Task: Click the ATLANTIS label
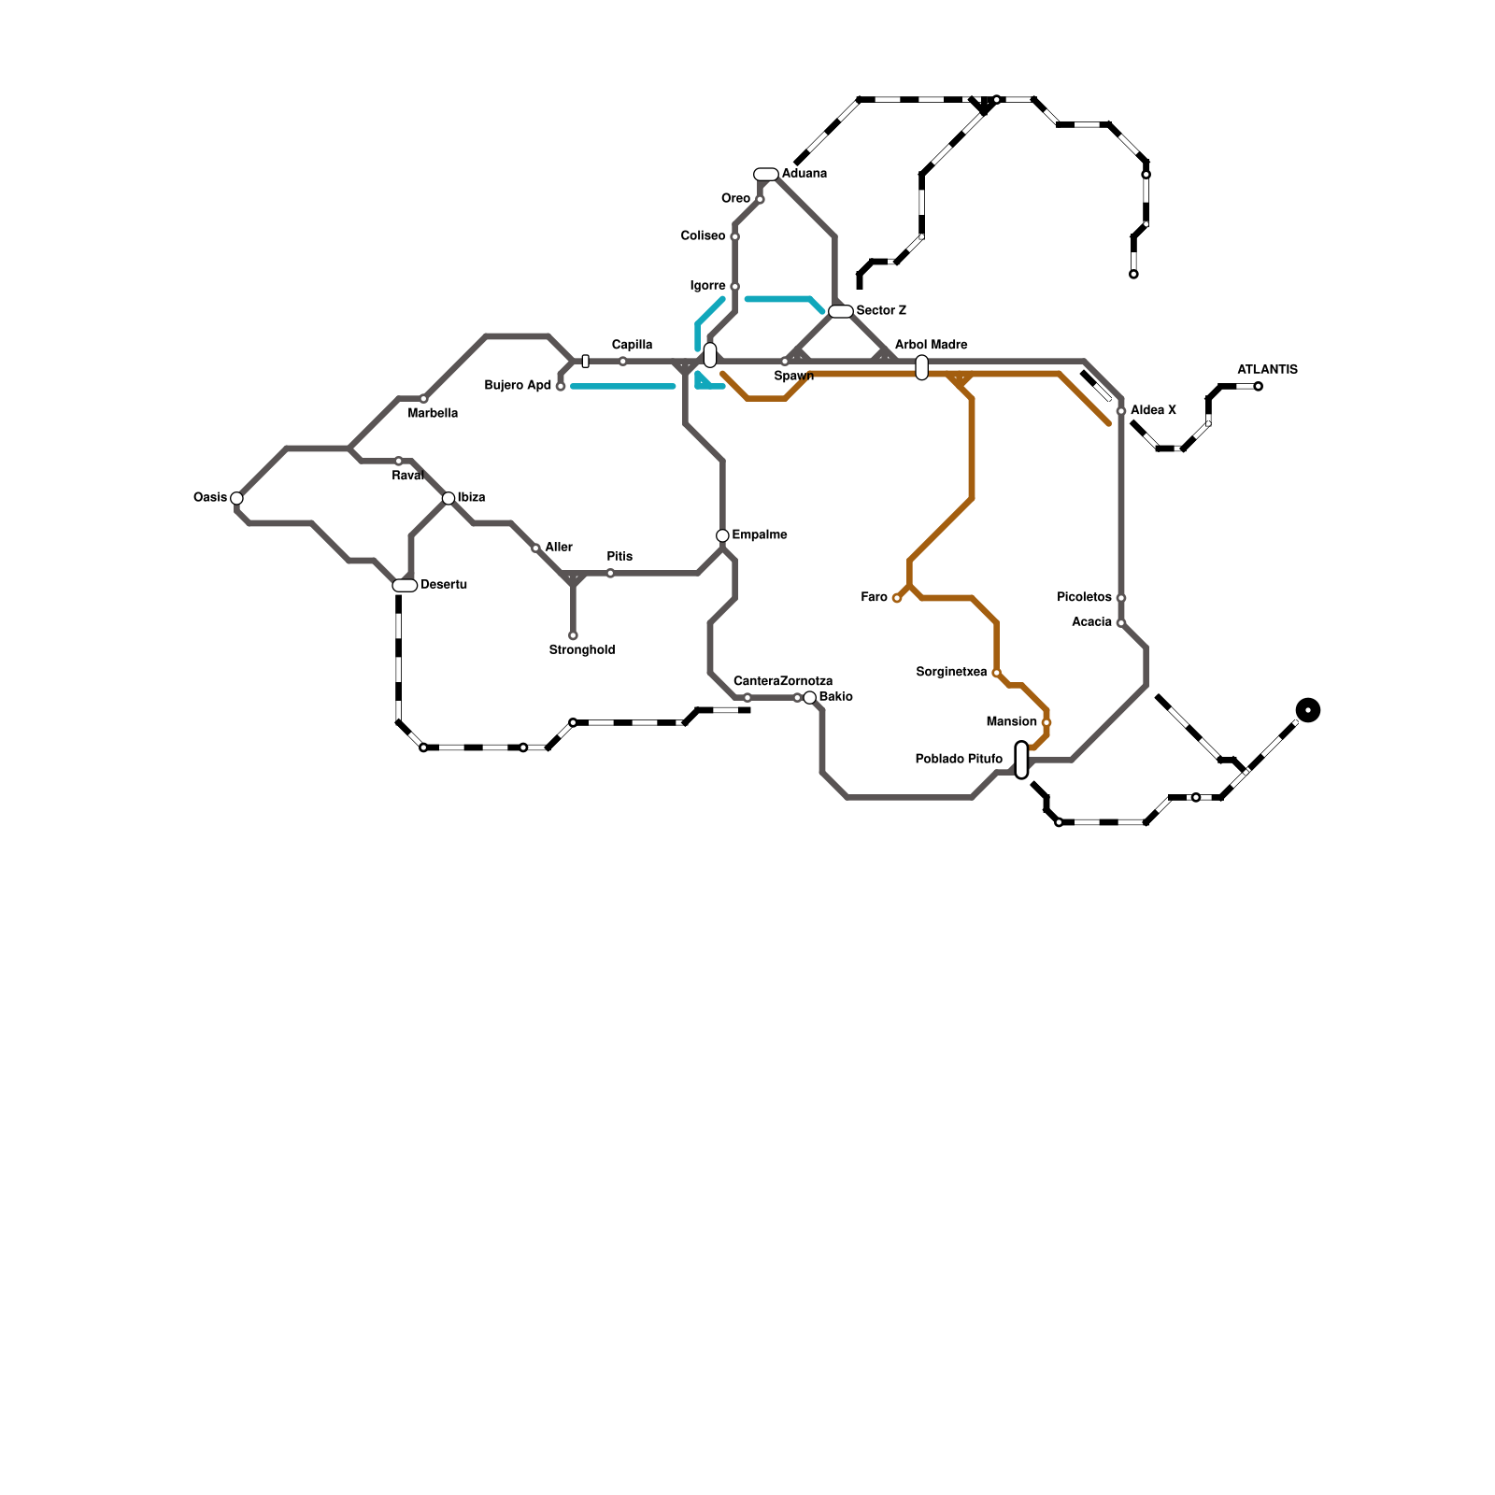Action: click(1267, 370)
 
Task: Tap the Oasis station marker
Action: click(236, 498)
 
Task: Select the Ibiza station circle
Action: click(448, 498)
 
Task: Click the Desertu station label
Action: click(444, 585)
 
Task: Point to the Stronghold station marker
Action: click(573, 635)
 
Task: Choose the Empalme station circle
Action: click(722, 535)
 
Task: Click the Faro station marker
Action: click(897, 598)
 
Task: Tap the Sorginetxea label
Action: click(951, 673)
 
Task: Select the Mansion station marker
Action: click(1046, 722)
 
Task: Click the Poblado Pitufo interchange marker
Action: click(1021, 760)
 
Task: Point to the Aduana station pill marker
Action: click(766, 174)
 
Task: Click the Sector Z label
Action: click(881, 311)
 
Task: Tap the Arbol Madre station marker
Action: click(922, 367)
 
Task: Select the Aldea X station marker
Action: click(1121, 411)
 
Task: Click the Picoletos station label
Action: click(1084, 598)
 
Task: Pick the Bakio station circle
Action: click(810, 698)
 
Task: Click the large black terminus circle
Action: click(1308, 710)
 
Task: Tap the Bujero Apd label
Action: click(518, 386)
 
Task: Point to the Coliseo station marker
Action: click(735, 236)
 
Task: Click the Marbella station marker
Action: click(423, 399)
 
